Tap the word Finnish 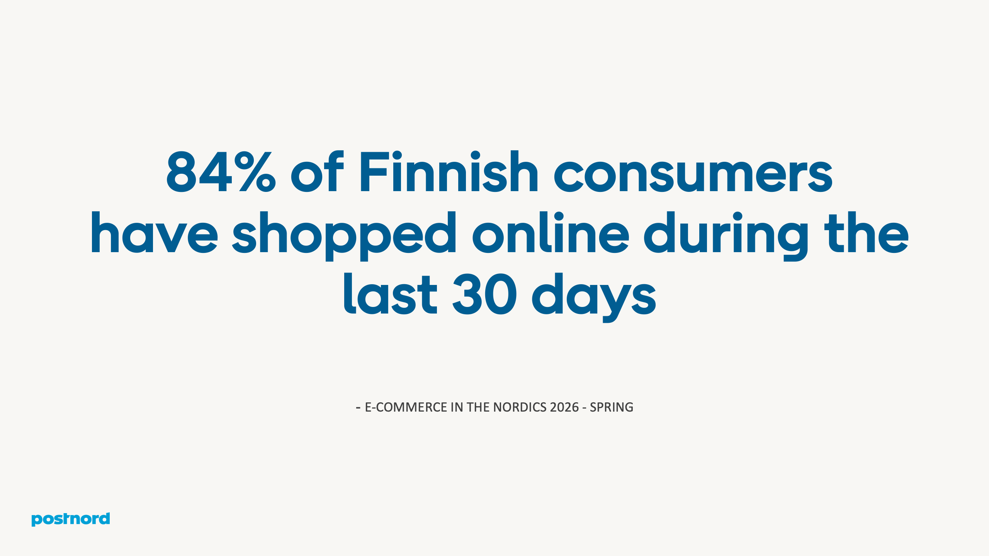coord(449,171)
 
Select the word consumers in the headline coord(693,172)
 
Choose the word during coord(726,234)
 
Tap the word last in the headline coord(390,294)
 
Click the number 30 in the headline coord(484,294)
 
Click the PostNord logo coord(71,519)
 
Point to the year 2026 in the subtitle coord(564,407)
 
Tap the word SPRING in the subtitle coord(612,407)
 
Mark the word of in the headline coord(317,172)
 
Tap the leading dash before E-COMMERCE coord(358,407)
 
